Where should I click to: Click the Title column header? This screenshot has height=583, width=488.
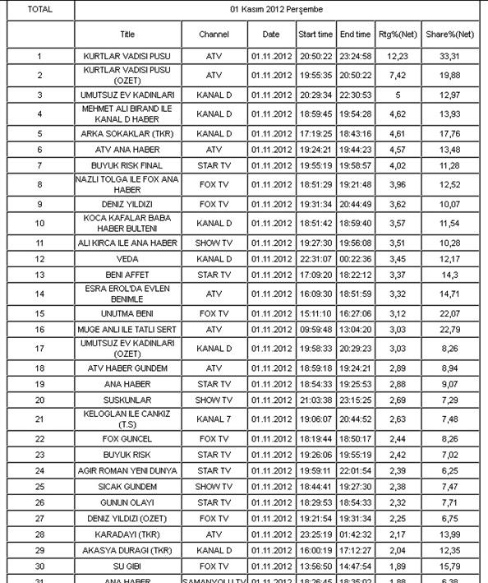tap(127, 35)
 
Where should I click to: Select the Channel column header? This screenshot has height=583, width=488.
tap(214, 35)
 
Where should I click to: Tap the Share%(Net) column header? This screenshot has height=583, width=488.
tap(449, 35)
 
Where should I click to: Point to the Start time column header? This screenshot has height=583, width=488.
tap(315, 35)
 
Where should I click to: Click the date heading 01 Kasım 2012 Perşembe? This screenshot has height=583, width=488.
tap(276, 10)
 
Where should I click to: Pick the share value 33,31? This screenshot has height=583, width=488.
tap(449, 56)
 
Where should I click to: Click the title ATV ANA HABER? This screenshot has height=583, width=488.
tap(127, 150)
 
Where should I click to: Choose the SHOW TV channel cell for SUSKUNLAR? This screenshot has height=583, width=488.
tap(214, 399)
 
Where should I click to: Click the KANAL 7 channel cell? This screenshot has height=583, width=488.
tap(214, 418)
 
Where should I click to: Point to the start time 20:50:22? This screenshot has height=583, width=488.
tap(315, 56)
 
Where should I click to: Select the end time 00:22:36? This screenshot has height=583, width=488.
tap(355, 259)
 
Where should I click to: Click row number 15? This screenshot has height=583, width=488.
tap(39, 313)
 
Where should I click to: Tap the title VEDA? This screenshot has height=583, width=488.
tap(127, 259)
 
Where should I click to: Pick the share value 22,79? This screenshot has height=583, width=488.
tap(449, 329)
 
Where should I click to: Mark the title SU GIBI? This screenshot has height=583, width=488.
tap(127, 566)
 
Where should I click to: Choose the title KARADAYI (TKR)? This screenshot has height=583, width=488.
tap(127, 534)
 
